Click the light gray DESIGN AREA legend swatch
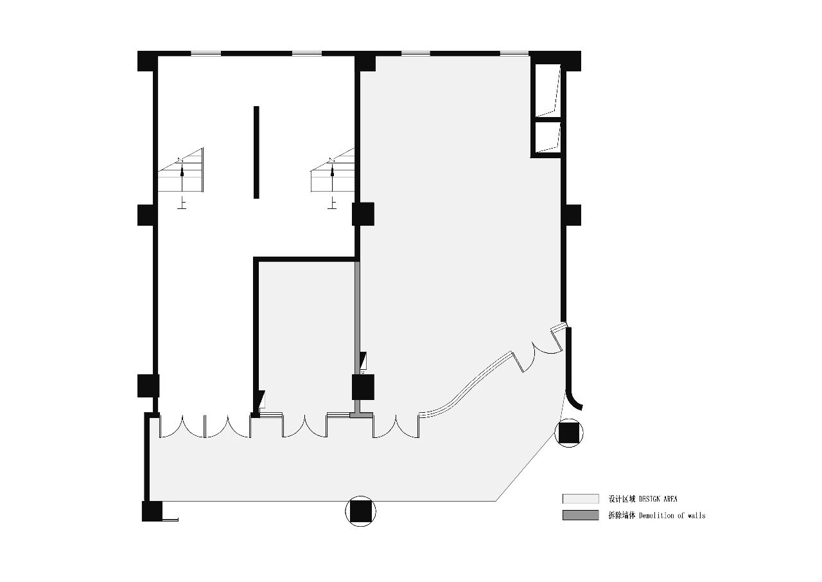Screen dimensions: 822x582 coord(581,498)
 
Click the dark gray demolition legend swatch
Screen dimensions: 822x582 coord(581,515)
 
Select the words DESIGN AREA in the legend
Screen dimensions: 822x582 coord(658,499)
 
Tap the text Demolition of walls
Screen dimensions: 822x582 coord(672,516)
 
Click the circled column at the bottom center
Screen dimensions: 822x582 coord(361,511)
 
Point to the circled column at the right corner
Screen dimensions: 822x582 coord(569,432)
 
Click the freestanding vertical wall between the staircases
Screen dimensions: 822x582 coord(256,152)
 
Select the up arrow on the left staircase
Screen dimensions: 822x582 coord(182,178)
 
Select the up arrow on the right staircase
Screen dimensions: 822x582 coord(333,178)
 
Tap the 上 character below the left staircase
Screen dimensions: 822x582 coord(182,203)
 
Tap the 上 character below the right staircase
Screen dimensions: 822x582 coord(333,203)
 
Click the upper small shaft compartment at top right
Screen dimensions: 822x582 coord(548,91)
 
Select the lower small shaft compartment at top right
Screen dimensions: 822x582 coord(548,137)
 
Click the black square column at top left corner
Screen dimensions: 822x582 coord(148,61)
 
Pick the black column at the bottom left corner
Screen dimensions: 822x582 coord(152,511)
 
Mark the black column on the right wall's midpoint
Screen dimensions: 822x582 coord(572,215)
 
